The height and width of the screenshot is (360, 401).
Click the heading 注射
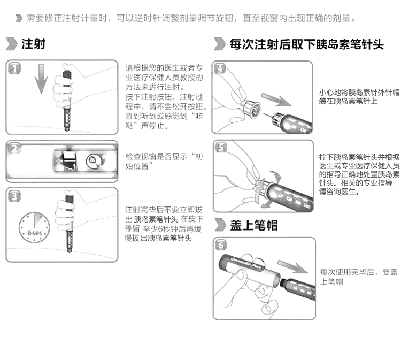33,44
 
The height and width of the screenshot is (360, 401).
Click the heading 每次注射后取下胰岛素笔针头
306,44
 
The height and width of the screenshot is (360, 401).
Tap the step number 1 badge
14,68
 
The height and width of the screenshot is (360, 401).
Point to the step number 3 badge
14,196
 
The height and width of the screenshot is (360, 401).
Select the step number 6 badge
220,246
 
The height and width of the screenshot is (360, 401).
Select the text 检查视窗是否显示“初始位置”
164,161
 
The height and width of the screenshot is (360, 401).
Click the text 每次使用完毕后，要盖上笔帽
358,277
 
